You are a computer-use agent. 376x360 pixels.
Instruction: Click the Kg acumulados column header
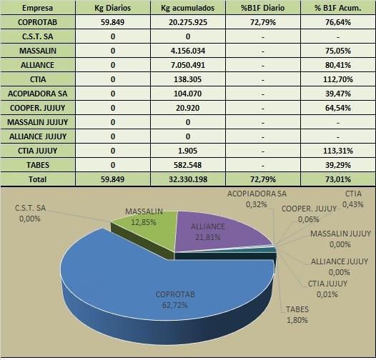tap(188, 8)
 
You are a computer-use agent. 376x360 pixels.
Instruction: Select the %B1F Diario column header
tap(263, 8)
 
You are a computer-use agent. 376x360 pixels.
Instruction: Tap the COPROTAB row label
tap(38, 22)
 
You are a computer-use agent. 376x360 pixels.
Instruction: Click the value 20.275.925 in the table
tap(188, 22)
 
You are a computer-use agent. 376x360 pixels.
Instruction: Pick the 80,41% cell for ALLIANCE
tap(338, 65)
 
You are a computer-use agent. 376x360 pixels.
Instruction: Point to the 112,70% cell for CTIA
tap(338, 79)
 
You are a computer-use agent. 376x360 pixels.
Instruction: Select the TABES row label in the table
tap(38, 165)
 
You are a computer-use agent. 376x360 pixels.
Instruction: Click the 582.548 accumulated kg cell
tap(188, 165)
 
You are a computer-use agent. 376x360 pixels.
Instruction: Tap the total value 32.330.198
tap(188, 179)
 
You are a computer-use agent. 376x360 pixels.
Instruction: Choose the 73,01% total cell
tap(338, 179)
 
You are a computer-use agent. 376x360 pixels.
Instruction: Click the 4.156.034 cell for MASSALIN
tap(188, 51)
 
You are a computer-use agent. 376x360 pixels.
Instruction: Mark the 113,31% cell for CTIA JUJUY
tap(338, 151)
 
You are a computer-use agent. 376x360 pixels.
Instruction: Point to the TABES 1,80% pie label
tap(297, 315)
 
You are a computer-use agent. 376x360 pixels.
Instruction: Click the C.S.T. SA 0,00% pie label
tap(30, 214)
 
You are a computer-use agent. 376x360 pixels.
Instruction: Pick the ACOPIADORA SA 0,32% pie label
tap(257, 199)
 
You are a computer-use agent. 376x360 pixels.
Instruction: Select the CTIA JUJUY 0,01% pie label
tap(327, 289)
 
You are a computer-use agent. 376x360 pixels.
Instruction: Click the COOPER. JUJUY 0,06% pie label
tap(309, 214)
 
